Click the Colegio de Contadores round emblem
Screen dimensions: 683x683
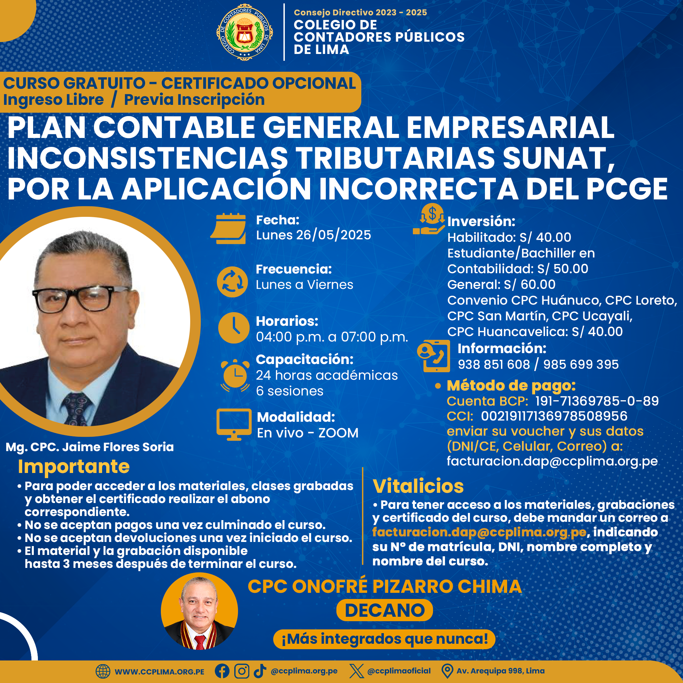point(245,32)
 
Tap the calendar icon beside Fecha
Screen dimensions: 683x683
point(228,228)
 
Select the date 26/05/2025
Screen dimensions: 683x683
point(333,235)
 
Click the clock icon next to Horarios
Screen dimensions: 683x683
point(234,328)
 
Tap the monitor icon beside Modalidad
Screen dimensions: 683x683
point(234,424)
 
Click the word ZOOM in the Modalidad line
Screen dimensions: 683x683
point(338,433)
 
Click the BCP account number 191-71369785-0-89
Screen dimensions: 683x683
point(597,401)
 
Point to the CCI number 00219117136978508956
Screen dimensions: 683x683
point(554,416)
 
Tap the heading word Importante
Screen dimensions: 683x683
point(74,466)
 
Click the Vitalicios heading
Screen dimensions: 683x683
point(418,486)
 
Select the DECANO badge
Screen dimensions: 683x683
point(385,610)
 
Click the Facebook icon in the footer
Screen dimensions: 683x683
point(222,671)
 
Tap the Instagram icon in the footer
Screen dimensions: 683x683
point(242,671)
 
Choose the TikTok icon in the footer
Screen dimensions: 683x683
point(260,671)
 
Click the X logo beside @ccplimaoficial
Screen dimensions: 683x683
point(356,671)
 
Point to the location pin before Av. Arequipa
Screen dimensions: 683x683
point(447,671)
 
